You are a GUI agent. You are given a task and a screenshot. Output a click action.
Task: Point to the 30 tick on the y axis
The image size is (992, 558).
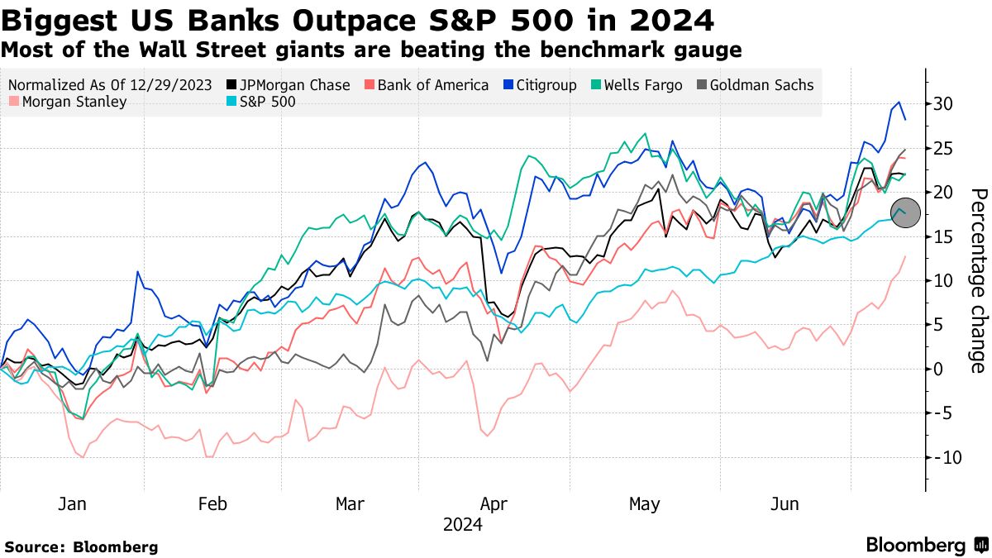click(944, 104)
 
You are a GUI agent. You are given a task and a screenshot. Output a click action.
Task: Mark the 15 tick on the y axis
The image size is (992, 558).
click(944, 236)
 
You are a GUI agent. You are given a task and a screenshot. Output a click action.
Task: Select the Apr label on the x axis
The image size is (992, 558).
click(494, 504)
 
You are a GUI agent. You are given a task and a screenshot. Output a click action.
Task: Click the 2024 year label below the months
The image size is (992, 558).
click(463, 525)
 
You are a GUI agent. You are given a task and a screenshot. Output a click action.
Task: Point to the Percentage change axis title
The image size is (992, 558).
click(979, 280)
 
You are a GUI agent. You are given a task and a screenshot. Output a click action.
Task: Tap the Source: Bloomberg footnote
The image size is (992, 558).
click(81, 546)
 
